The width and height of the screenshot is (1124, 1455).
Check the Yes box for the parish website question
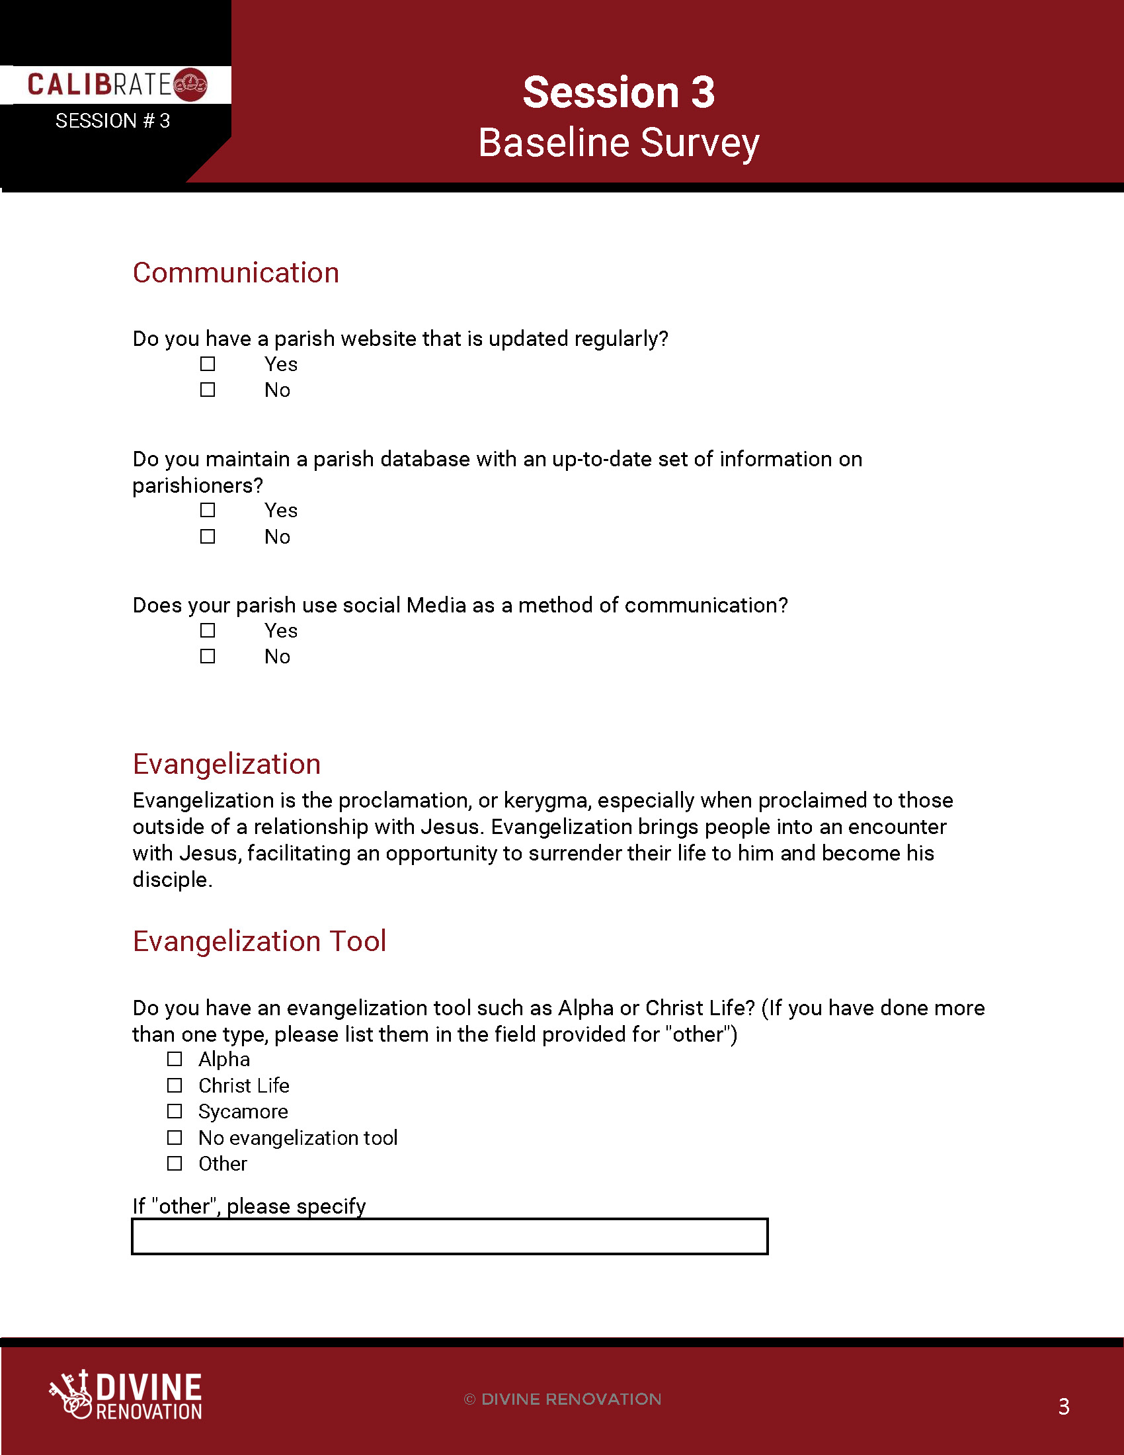point(208,364)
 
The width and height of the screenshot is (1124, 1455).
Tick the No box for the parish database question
point(208,536)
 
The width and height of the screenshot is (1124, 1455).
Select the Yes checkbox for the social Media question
point(208,630)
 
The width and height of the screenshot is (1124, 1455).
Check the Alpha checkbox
point(175,1059)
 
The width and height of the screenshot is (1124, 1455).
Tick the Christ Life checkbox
point(175,1085)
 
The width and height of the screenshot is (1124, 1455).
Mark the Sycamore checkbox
point(175,1111)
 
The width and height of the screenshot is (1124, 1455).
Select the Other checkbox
point(175,1163)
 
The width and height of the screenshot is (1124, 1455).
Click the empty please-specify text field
point(450,1237)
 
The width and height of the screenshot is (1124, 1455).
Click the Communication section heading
point(236,273)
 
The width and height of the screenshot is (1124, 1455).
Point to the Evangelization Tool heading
point(259,941)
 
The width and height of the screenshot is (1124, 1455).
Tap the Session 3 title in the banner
point(619,92)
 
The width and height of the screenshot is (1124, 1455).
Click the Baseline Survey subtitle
point(619,144)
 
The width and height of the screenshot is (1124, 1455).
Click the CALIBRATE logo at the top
point(116,85)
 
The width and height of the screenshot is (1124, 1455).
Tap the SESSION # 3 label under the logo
point(112,121)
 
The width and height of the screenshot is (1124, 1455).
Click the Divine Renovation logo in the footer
point(126,1395)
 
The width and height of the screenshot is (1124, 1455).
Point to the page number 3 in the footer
point(1063,1406)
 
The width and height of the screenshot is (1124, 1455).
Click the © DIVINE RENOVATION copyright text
point(563,1399)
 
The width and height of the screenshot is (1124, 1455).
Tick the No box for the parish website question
point(208,390)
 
